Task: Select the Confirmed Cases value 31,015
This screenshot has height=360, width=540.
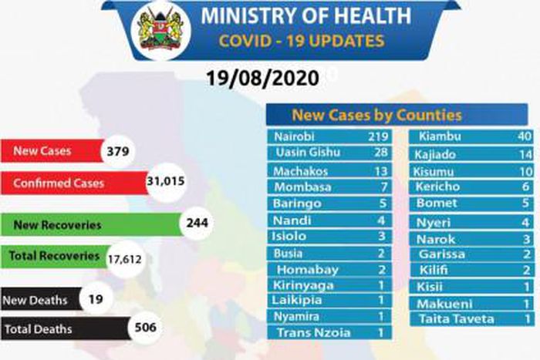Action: pos(167,183)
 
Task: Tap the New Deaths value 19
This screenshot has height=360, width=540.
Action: pos(96,298)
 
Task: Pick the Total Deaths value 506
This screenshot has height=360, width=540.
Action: pos(146,328)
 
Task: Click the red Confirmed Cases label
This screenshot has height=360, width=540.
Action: pos(59,183)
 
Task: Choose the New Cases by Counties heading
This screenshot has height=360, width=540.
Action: pos(376,116)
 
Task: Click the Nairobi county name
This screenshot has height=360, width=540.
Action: pos(294,136)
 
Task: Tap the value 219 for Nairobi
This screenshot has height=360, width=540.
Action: pos(373,136)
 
